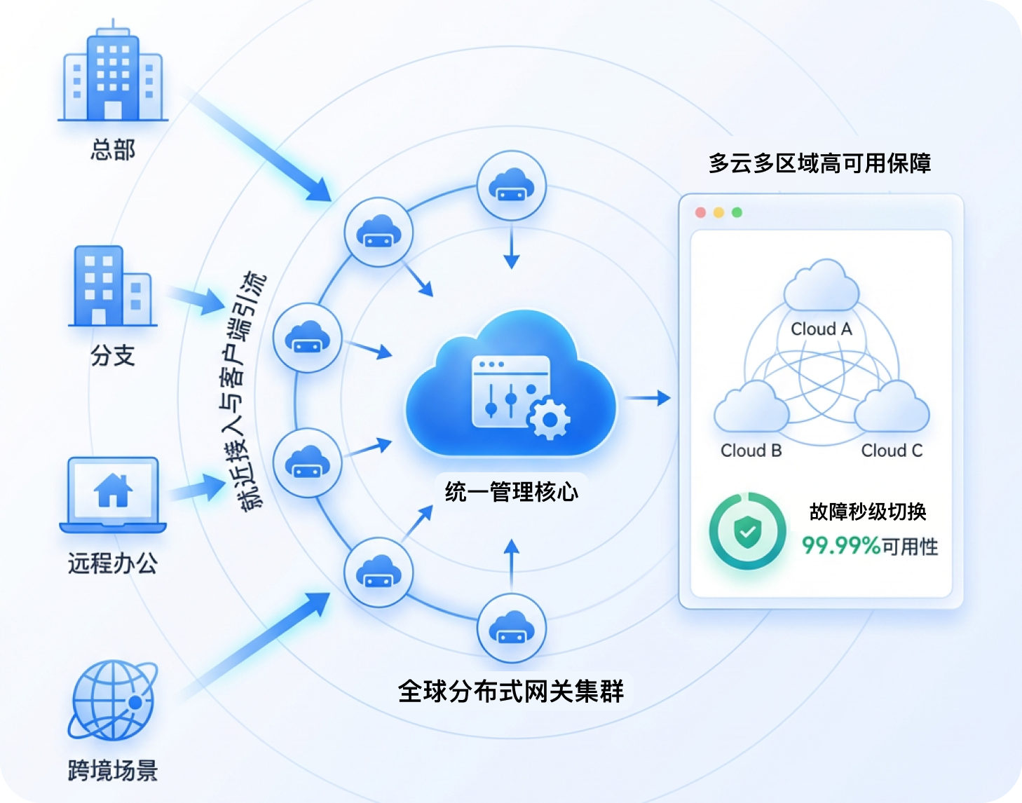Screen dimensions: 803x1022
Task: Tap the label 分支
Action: pyautogui.click(x=112, y=355)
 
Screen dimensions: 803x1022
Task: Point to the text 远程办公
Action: pyautogui.click(x=112, y=563)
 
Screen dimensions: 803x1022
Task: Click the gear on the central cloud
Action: pyautogui.click(x=548, y=419)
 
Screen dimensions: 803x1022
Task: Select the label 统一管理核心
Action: pyautogui.click(x=511, y=491)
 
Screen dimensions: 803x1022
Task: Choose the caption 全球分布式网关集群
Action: pyautogui.click(x=511, y=691)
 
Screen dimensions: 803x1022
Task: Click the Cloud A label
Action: pyautogui.click(x=821, y=329)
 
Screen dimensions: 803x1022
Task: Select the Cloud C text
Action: pyautogui.click(x=891, y=451)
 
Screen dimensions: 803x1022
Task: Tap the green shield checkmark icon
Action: pyautogui.click(x=747, y=532)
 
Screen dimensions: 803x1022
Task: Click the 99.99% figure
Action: pyautogui.click(x=840, y=545)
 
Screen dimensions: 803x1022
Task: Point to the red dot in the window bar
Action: pyautogui.click(x=700, y=212)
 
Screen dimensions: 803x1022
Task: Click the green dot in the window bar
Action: pyautogui.click(x=737, y=212)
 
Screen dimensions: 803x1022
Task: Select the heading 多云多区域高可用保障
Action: pyautogui.click(x=819, y=163)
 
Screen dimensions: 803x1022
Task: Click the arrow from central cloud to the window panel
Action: pyautogui.click(x=648, y=398)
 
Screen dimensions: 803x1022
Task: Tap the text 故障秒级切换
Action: pyautogui.click(x=868, y=512)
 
